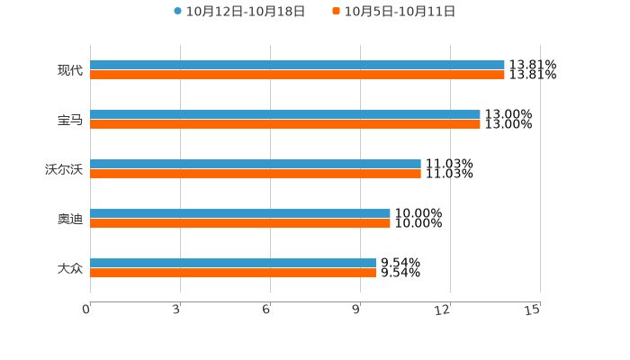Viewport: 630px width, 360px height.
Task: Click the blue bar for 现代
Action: click(x=297, y=65)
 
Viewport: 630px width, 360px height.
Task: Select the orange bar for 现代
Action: click(x=297, y=75)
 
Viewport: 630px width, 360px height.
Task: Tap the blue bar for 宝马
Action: click(x=285, y=115)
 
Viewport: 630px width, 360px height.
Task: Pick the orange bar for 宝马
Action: click(x=285, y=124)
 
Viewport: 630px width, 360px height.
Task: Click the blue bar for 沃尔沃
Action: click(x=256, y=165)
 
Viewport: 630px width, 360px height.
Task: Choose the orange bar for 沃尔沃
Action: click(x=256, y=174)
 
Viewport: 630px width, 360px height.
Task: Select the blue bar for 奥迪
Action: click(x=240, y=214)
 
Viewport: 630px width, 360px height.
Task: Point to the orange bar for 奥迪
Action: click(x=240, y=223)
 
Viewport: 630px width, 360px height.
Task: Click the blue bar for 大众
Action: click(x=233, y=264)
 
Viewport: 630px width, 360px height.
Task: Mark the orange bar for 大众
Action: click(x=233, y=273)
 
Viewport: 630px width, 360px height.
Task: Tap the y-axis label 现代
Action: click(x=69, y=70)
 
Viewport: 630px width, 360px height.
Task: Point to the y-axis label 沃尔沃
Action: click(x=63, y=169)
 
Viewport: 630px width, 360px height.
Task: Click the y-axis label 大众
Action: click(x=69, y=268)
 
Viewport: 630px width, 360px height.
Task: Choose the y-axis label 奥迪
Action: click(x=69, y=219)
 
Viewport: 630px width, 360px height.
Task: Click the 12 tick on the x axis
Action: click(x=443, y=310)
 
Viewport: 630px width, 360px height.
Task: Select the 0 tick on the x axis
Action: click(x=86, y=310)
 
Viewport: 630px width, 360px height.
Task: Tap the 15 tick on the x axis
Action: click(x=533, y=310)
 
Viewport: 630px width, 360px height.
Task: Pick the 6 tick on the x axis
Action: click(x=266, y=310)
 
